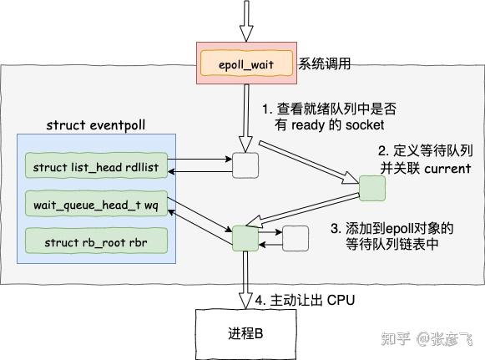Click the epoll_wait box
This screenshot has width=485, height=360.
coord(245,63)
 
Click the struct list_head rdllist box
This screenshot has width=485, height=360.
coord(98,167)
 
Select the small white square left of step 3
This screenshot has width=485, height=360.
coord(296,238)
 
